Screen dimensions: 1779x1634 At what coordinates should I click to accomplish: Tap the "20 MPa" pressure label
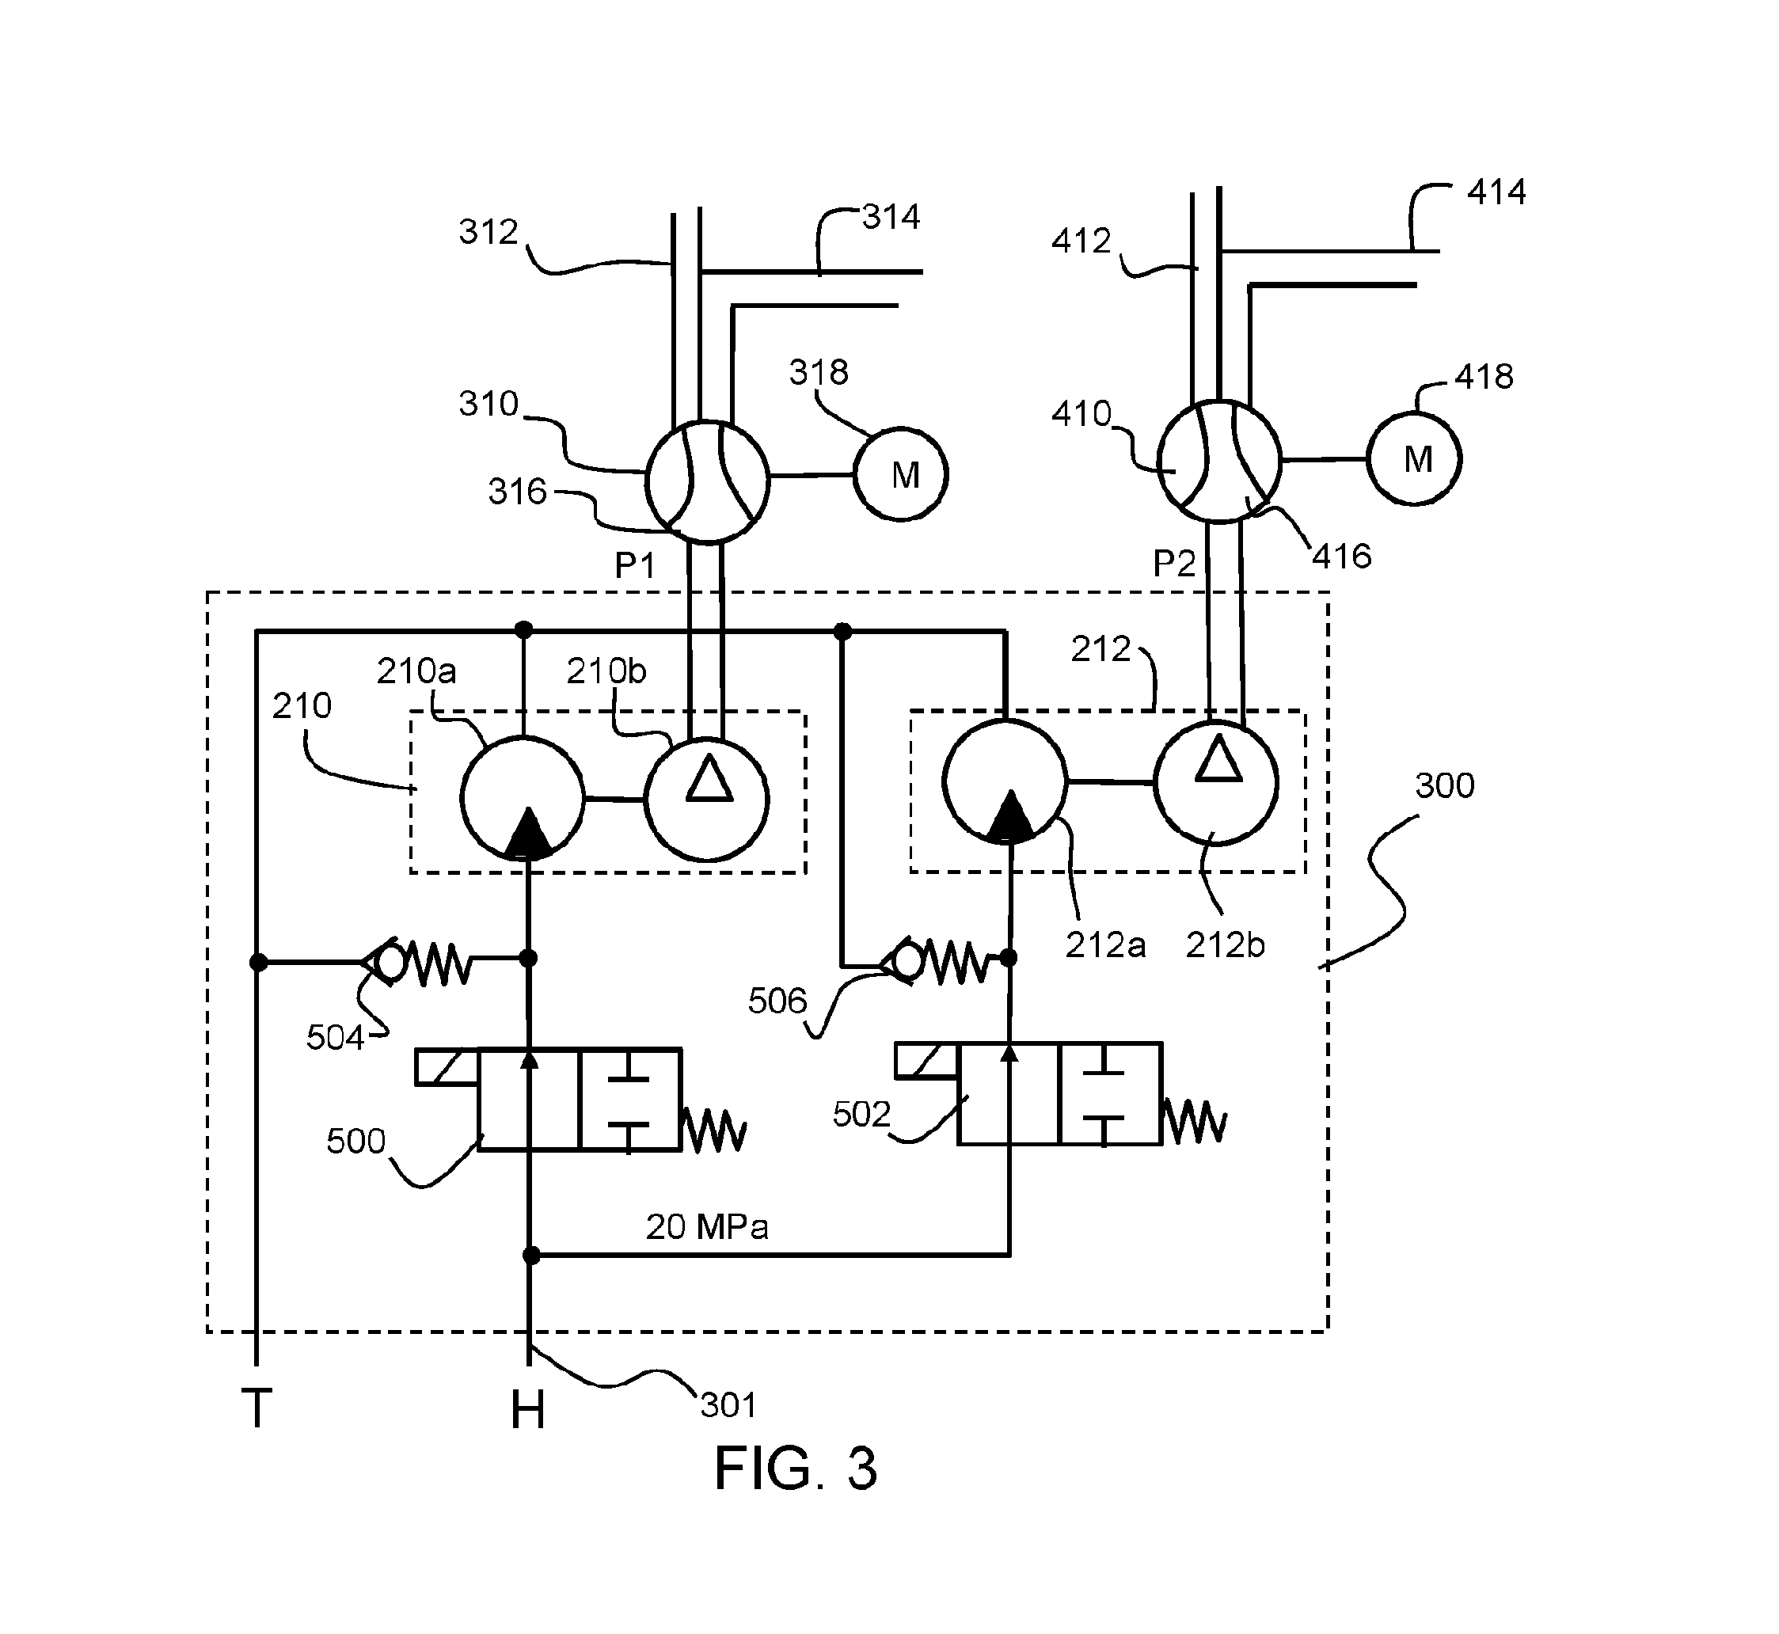[706, 1226]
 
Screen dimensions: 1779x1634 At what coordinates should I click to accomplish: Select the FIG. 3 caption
[795, 1469]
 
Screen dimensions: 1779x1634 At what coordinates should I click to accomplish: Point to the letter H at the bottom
[528, 1409]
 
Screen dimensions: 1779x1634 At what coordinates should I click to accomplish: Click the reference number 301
[728, 1405]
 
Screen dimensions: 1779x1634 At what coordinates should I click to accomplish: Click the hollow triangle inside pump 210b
[709, 780]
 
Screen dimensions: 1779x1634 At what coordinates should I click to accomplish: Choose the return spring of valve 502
[1195, 1121]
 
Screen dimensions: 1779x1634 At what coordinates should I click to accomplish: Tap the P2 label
[1174, 563]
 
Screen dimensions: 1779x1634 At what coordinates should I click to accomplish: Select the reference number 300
[1445, 785]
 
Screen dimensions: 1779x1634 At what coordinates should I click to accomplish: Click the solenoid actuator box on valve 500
[447, 1066]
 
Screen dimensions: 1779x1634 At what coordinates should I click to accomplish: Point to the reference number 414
[1496, 192]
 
